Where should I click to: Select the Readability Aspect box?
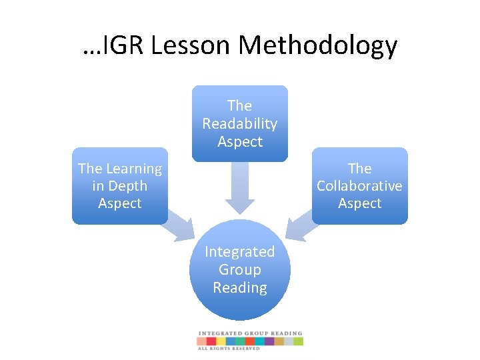pos(240,123)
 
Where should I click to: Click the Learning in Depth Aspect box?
pos(120,186)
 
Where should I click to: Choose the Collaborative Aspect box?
pos(359,186)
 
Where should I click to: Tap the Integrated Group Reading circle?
pos(240,270)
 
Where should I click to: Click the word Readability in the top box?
pos(240,123)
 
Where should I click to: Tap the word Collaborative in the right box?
pos(359,186)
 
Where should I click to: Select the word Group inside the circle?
pos(240,269)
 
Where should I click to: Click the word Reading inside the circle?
pos(240,287)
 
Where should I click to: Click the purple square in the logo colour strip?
pos(269,341)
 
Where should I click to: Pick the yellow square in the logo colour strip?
pos(221,341)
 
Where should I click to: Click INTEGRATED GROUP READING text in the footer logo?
pos(250,333)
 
